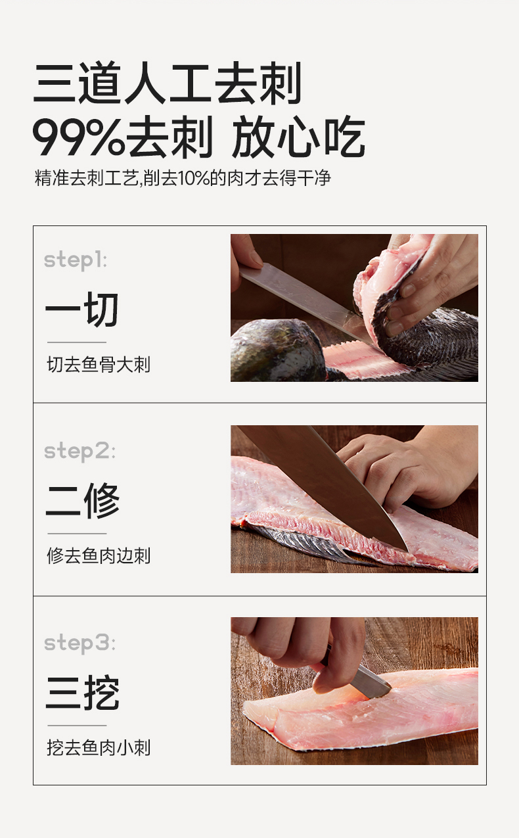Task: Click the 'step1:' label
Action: pyautogui.click(x=76, y=260)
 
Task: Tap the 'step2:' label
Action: pyautogui.click(x=79, y=452)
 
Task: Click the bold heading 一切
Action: pyautogui.click(x=82, y=310)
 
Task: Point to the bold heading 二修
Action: pyautogui.click(x=83, y=501)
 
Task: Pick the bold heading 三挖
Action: pyautogui.click(x=83, y=693)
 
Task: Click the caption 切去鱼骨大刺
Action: pyautogui.click(x=99, y=365)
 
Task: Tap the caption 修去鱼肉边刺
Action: pyautogui.click(x=99, y=556)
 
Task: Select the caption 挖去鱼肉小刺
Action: pyautogui.click(x=99, y=748)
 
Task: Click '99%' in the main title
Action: pyautogui.click(x=79, y=137)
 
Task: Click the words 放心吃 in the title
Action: pyautogui.click(x=298, y=137)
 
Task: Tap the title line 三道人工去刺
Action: pyautogui.click(x=167, y=83)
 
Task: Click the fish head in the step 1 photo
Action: pyautogui.click(x=277, y=350)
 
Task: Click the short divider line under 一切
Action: pyautogui.click(x=77, y=342)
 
